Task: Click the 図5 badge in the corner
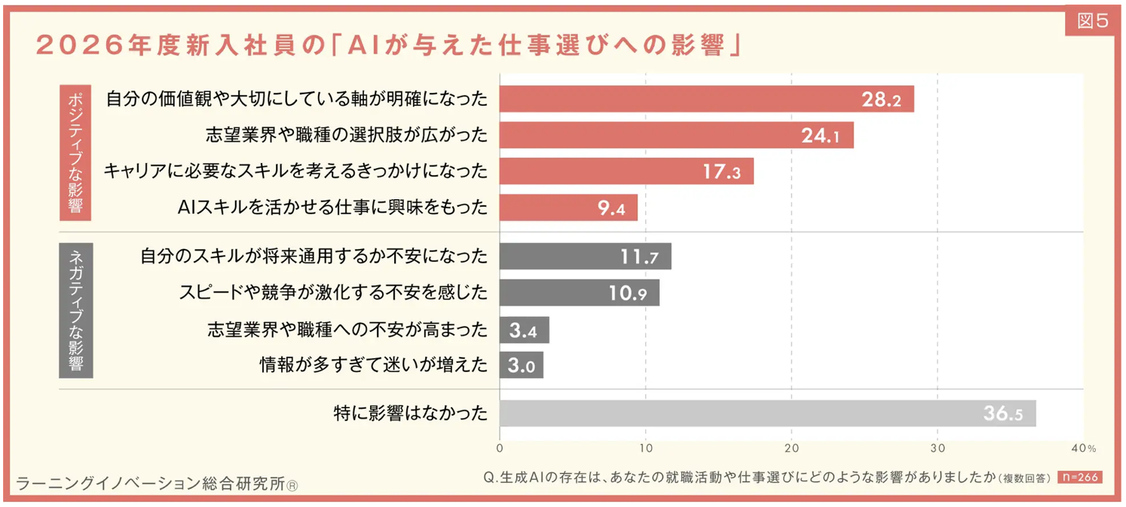[1093, 21]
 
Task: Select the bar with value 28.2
[706, 100]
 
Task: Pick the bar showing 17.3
[626, 171]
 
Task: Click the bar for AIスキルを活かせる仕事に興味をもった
[568, 207]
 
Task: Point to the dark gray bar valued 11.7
[585, 257]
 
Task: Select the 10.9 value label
[629, 293]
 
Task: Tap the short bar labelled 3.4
[524, 330]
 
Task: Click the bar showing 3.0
[521, 366]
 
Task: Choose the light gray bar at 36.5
[767, 413]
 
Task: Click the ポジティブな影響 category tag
[75, 152]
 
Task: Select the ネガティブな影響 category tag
[75, 310]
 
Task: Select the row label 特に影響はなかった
[411, 413]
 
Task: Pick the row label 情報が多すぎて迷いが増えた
[374, 366]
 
